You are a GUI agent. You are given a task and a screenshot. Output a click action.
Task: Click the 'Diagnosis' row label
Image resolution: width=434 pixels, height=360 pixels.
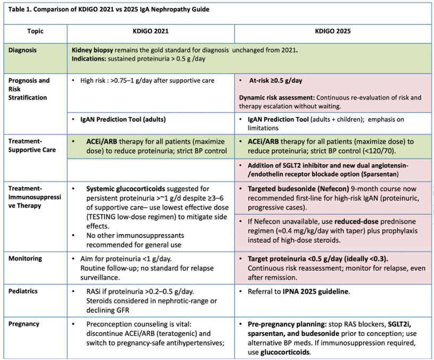(23, 49)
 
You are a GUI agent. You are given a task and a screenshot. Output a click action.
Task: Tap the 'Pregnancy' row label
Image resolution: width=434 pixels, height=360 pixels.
(24, 324)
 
